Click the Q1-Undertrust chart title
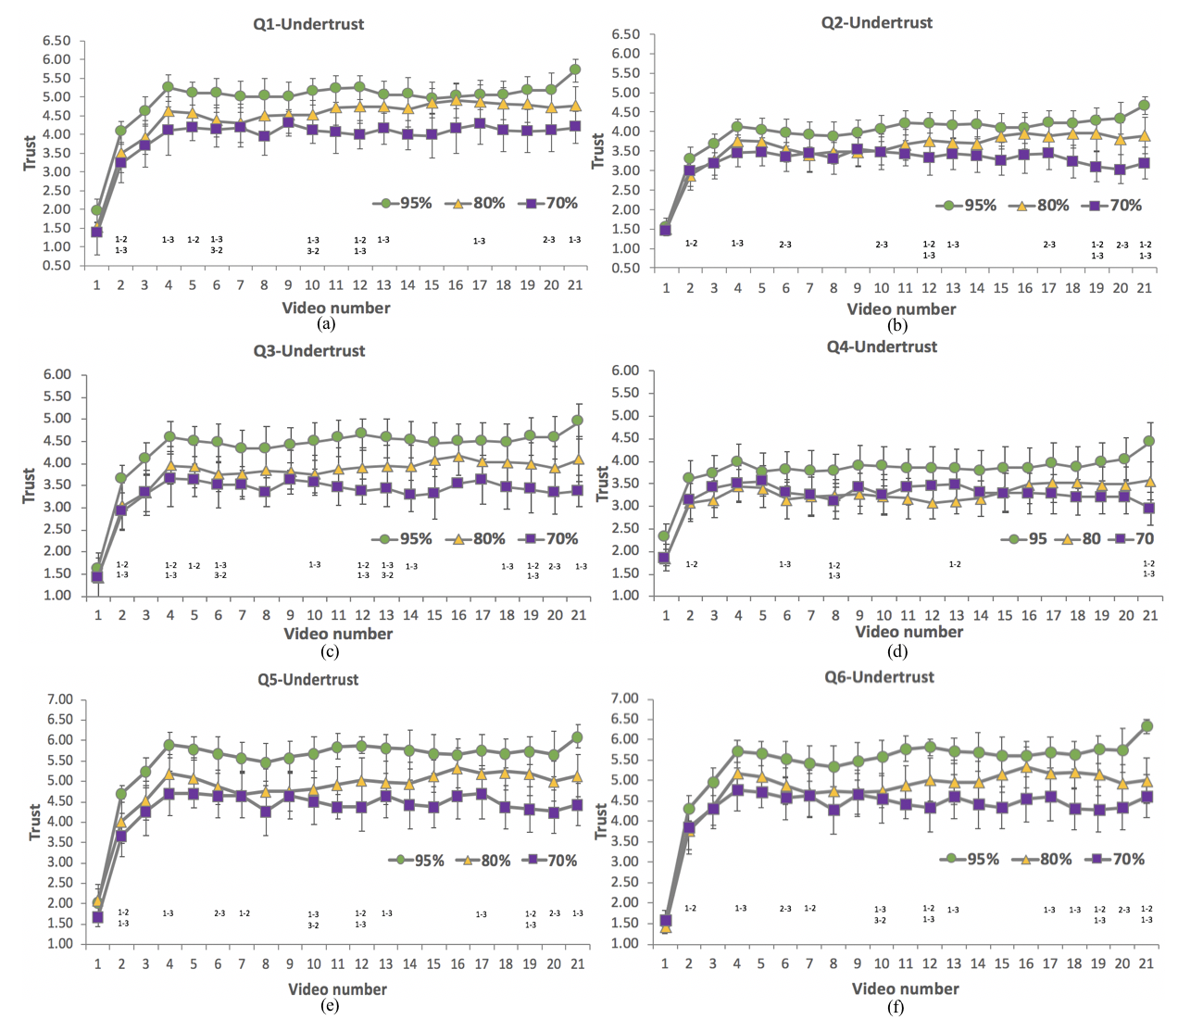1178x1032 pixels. (308, 24)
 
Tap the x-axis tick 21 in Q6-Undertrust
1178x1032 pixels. (1147, 963)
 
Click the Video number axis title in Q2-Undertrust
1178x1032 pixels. (901, 308)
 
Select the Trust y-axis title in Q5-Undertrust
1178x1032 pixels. (34, 822)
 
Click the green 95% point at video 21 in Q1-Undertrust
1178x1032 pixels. (575, 69)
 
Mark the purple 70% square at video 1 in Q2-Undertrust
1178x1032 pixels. (665, 230)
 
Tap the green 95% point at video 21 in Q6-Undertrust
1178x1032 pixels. (1147, 726)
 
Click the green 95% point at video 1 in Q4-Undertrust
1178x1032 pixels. (664, 535)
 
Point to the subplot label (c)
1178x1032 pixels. (329, 652)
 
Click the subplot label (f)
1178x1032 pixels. (896, 1007)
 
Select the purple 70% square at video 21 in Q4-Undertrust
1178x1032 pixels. (1149, 508)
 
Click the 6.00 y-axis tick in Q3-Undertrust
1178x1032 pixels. (56, 375)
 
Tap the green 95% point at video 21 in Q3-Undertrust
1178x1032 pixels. (578, 421)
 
